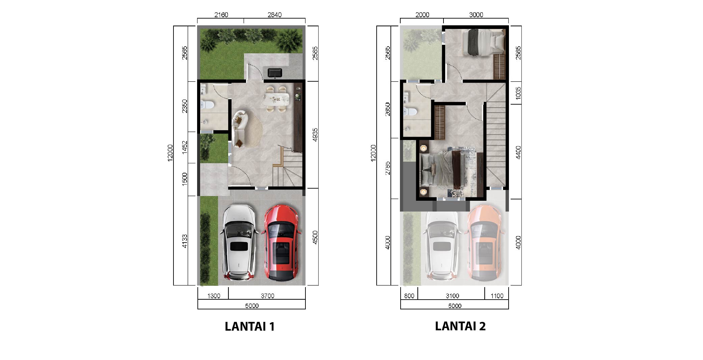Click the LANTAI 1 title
[250, 326]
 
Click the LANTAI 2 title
[460, 326]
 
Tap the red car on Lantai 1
[281, 243]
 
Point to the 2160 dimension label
[221, 15]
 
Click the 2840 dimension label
[274, 15]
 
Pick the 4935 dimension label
[315, 135]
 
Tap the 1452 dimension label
[185, 147]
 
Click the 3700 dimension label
[267, 296]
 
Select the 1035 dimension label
[518, 93]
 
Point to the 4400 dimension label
[518, 152]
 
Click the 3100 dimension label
[452, 296]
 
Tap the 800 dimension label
[409, 296]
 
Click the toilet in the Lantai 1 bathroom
[206, 105]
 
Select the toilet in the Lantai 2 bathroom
[410, 111]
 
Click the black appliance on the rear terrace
[275, 73]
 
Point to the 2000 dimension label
[422, 15]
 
